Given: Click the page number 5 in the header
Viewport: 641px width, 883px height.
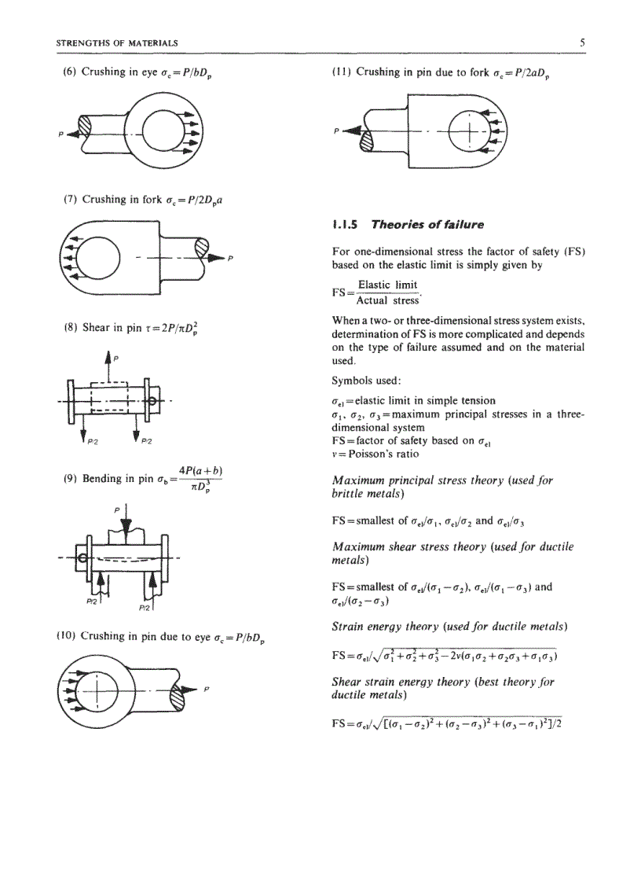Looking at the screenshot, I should coord(581,42).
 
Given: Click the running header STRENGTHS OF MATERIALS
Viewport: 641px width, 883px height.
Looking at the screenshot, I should coord(117,42).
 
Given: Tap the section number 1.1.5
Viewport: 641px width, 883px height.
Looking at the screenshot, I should coord(346,224).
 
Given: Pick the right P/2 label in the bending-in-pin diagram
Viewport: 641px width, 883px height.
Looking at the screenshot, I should coord(144,608).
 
